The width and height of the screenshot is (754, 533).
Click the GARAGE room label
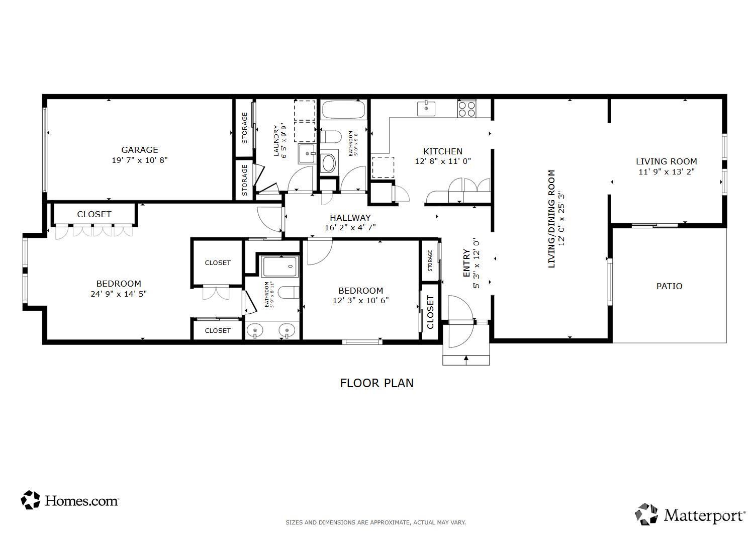coord(140,150)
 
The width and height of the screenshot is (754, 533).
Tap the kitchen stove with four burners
coord(466,109)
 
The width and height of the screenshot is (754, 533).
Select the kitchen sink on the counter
coord(426,109)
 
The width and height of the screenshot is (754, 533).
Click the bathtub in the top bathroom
coord(343,110)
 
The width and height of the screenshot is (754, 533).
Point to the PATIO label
coord(669,286)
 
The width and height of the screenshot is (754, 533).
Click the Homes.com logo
coord(69,500)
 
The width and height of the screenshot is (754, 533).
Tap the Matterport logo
coord(690,515)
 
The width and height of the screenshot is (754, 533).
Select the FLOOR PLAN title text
coord(376,383)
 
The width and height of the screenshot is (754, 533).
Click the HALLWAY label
coord(350,218)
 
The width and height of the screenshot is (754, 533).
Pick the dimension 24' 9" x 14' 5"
coord(119,294)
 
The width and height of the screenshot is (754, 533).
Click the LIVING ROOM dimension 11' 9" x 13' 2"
coord(667,172)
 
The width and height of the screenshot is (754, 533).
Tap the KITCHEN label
coord(443,151)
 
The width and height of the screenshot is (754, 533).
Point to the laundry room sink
coord(307,153)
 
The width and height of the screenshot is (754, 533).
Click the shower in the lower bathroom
coord(279,267)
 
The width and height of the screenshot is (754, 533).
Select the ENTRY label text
coord(466,263)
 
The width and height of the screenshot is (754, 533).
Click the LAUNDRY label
coord(276,141)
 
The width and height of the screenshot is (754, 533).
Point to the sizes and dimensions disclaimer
coord(375,522)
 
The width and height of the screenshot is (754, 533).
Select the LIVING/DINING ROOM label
coord(551,219)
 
